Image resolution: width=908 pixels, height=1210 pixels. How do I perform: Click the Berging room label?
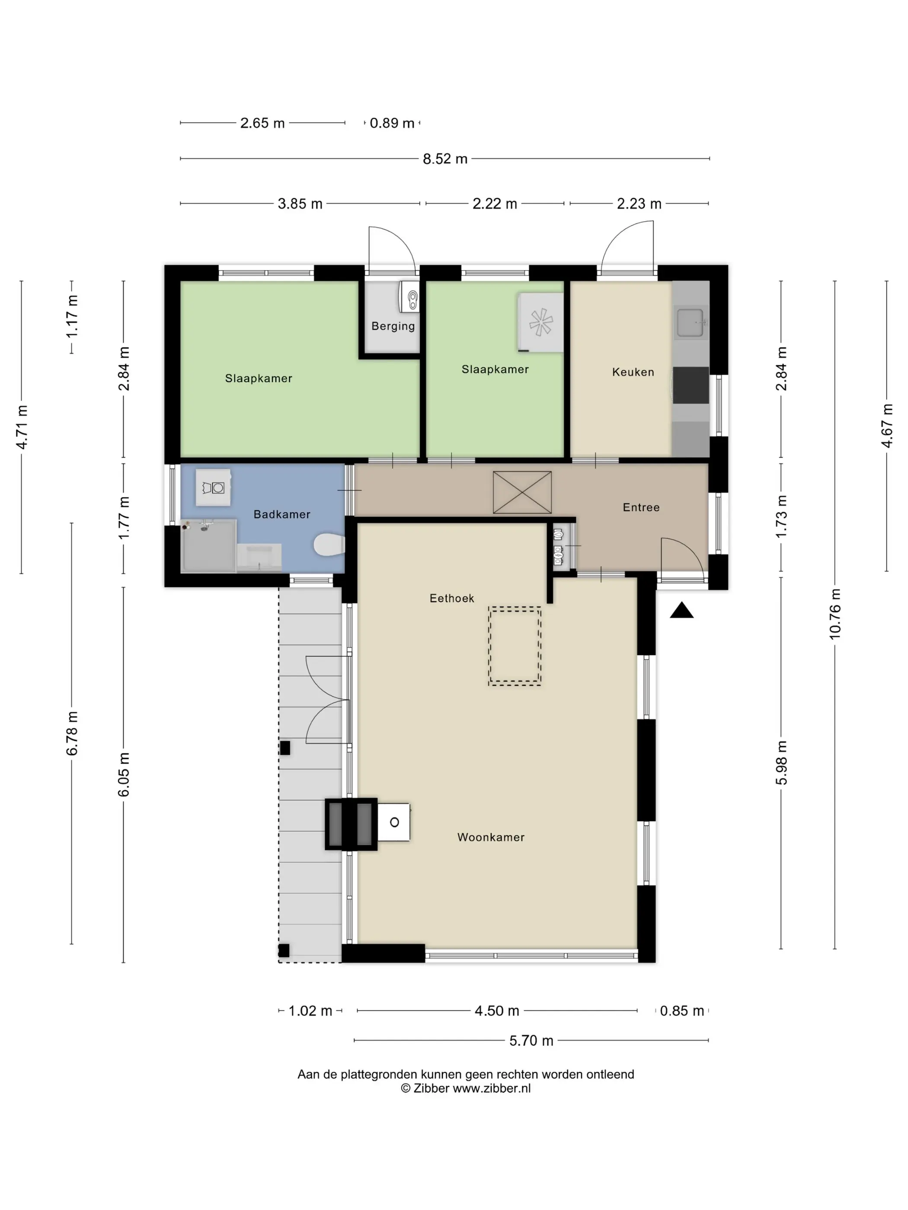393,326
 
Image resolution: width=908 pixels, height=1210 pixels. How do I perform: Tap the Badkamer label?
281,514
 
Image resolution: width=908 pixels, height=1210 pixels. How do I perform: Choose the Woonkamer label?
490,837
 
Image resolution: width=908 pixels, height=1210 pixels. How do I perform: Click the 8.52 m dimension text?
445,159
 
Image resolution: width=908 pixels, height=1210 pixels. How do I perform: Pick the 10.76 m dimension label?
834,614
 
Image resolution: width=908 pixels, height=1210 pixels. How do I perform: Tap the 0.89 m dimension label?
392,123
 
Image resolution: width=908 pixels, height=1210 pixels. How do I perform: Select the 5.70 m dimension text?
531,1041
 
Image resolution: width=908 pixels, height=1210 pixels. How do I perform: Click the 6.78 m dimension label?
72,733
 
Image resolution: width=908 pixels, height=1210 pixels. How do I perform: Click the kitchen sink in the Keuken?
691,323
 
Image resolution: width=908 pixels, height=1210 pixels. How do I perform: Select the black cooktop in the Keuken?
691,385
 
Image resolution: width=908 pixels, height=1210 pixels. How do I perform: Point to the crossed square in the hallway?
522,492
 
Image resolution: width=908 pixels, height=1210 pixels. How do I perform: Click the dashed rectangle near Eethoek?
515,646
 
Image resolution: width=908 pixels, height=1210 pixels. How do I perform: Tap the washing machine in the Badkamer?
213,487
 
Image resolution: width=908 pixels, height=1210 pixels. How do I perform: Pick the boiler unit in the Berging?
409,297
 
